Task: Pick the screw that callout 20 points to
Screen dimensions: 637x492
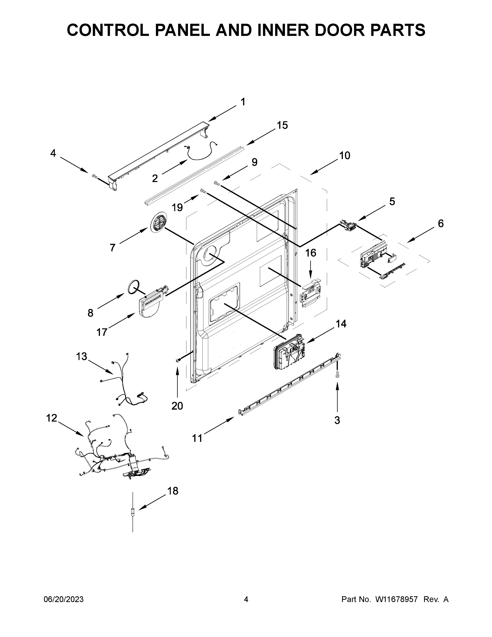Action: (x=178, y=361)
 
